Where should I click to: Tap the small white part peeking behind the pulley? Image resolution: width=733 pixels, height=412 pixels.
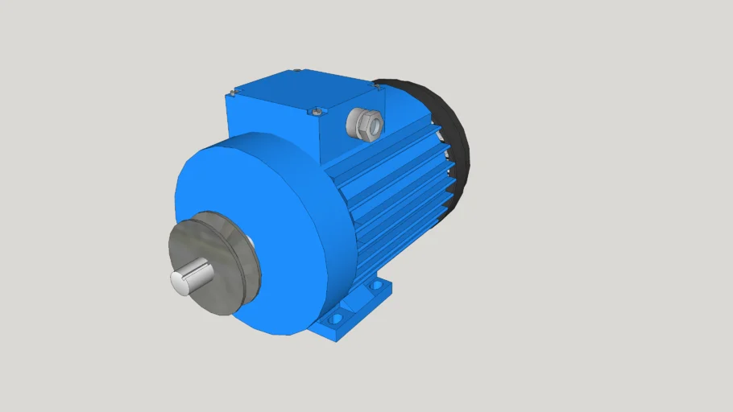coord(251,241)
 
